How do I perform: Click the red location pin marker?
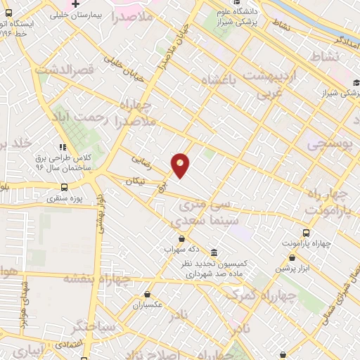pos(181,165)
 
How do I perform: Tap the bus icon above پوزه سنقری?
pos(65,187)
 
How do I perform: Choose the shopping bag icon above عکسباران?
pos(147,295)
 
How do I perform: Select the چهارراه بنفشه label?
pos(98,278)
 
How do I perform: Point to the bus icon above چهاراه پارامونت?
pos(306,233)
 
